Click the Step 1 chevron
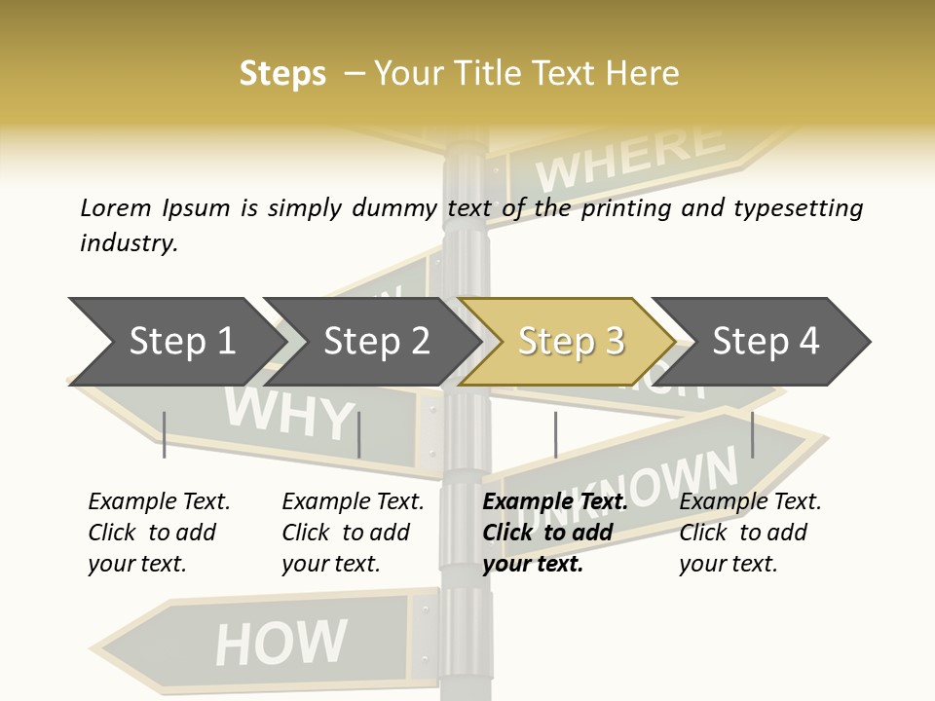(181, 342)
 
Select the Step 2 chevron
(376, 342)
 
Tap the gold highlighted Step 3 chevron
(570, 342)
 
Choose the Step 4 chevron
(766, 342)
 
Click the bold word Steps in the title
(282, 74)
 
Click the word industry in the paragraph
(129, 243)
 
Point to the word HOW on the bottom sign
(280, 643)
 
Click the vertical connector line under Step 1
(164, 434)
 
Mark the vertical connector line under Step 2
(359, 434)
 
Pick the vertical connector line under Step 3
(555, 434)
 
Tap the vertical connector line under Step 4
(752, 434)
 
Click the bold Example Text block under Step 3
(553, 533)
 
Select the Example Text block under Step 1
(158, 533)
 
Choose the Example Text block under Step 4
(749, 533)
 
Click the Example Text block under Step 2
(352, 533)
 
